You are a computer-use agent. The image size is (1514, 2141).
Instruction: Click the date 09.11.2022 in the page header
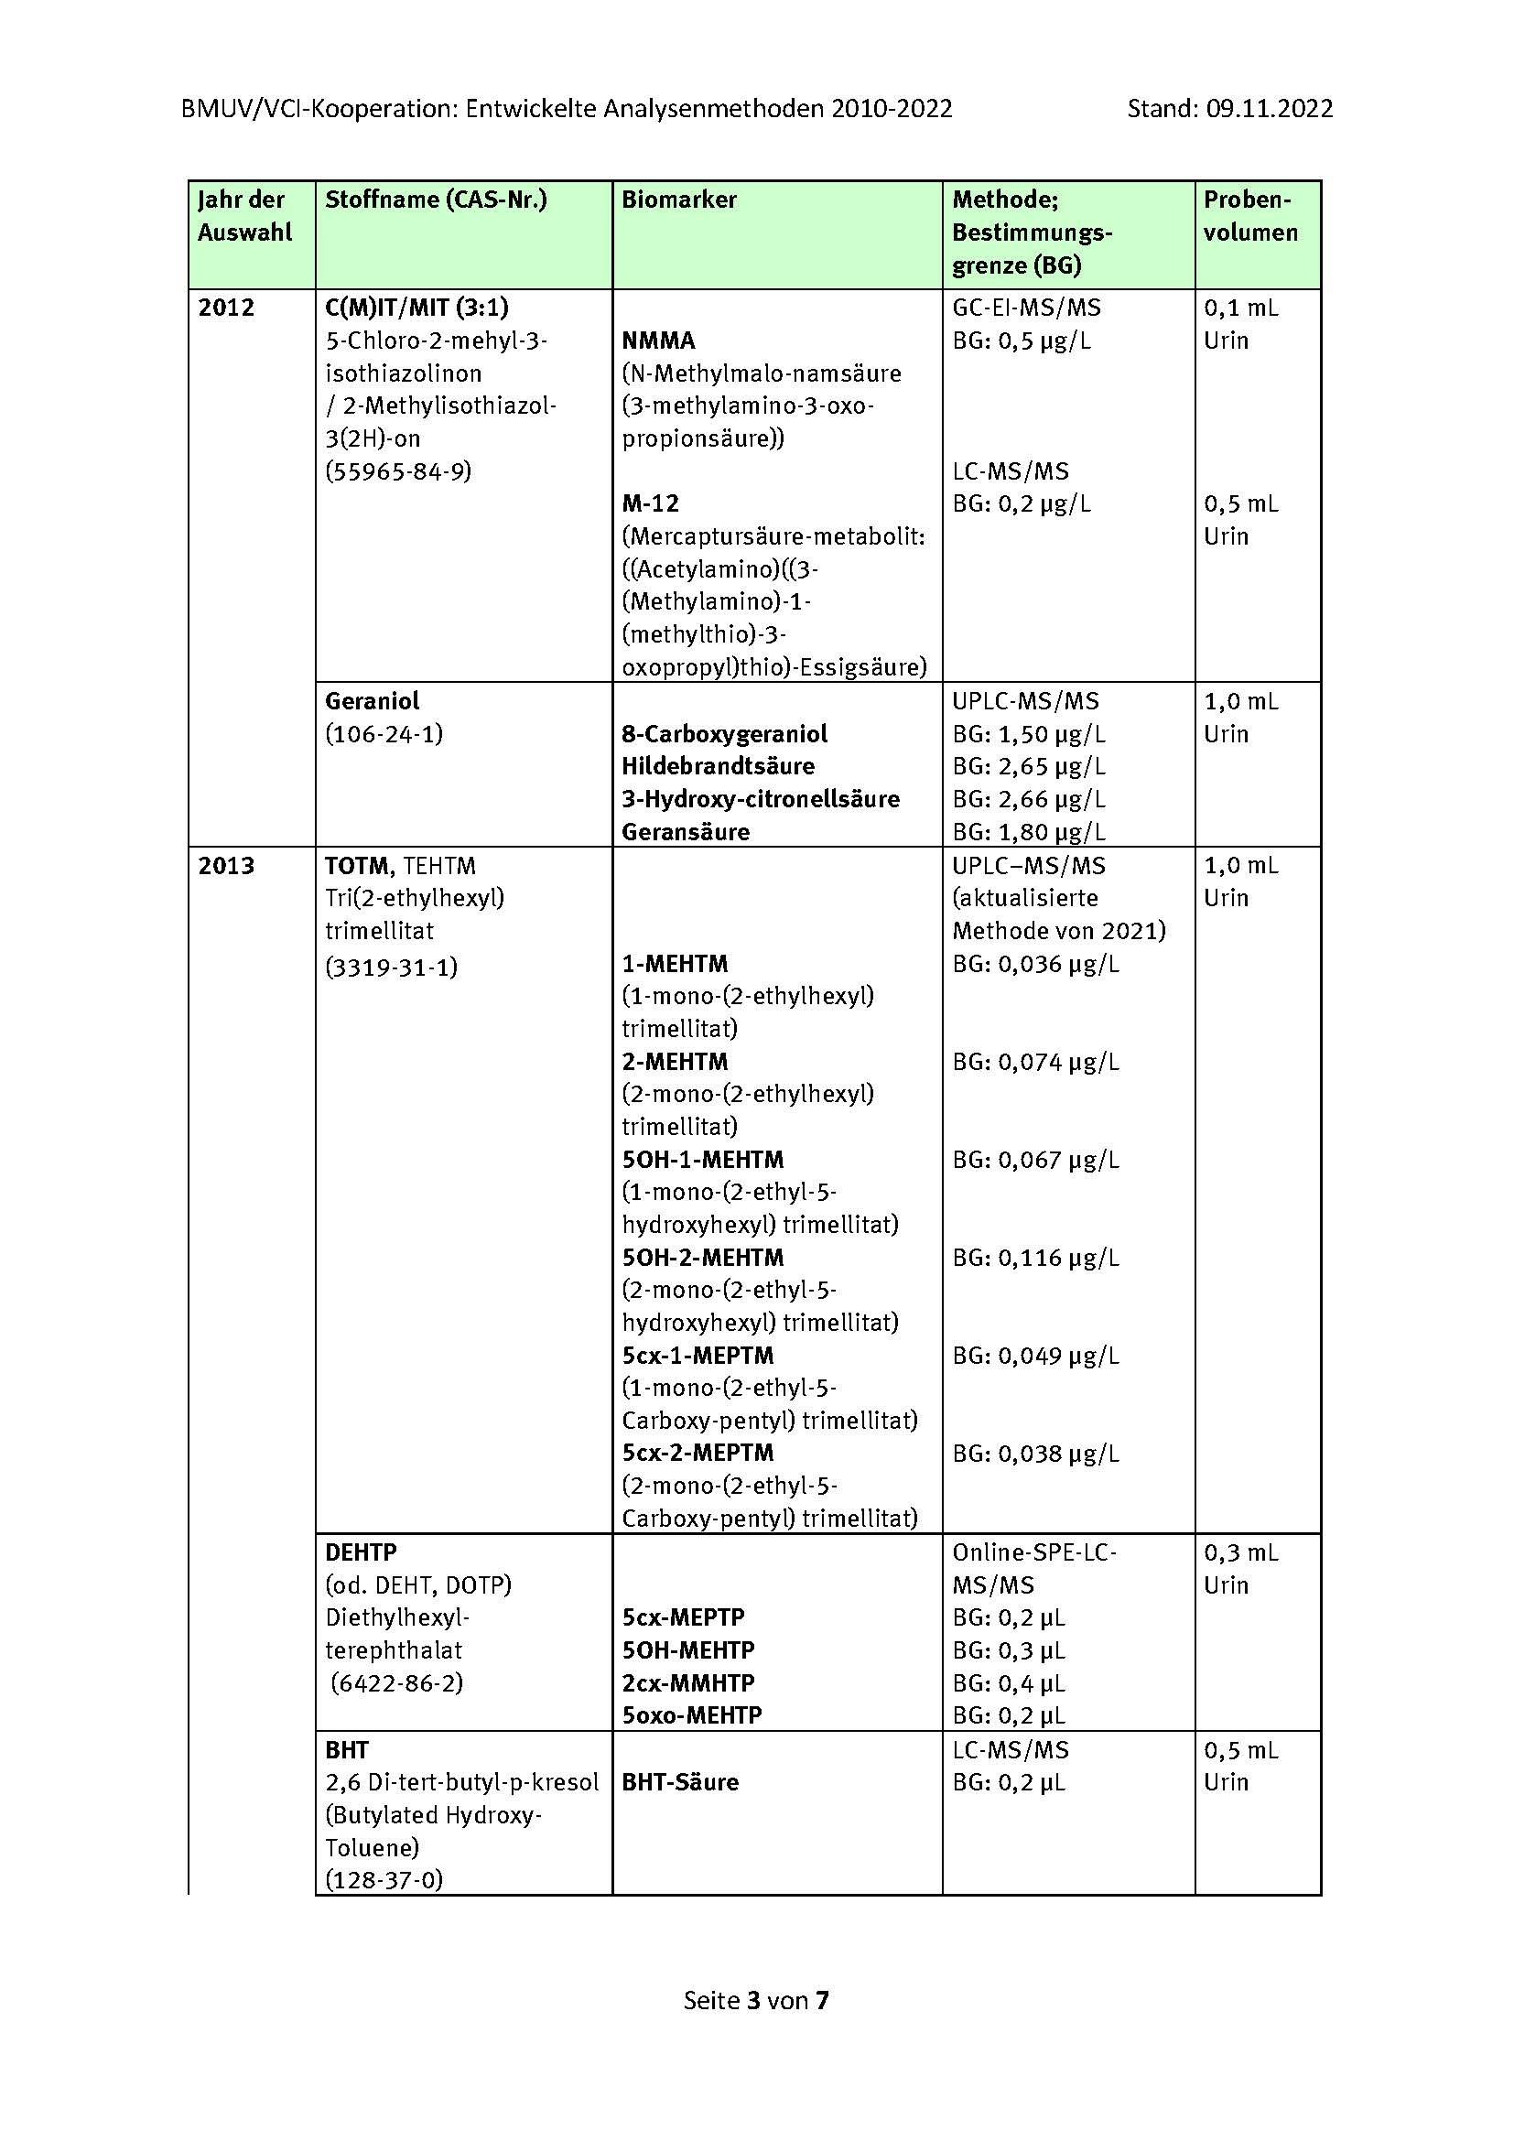(x=1269, y=109)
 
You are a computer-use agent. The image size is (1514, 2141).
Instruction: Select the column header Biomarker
(x=678, y=200)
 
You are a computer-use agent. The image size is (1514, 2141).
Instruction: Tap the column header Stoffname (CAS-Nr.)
(x=436, y=200)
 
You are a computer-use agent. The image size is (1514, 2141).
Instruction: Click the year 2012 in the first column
(x=225, y=308)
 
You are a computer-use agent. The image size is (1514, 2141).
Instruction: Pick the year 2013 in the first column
(x=225, y=865)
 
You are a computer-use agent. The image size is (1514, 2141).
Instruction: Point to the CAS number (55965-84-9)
(x=398, y=470)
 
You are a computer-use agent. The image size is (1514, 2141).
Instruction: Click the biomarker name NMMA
(x=658, y=341)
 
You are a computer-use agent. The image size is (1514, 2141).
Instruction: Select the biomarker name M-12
(x=650, y=503)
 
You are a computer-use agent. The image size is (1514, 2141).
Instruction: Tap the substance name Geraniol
(x=372, y=701)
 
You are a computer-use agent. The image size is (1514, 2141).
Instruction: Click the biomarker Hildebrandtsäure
(x=718, y=766)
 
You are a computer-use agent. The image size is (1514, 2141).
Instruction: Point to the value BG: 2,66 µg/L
(x=1028, y=799)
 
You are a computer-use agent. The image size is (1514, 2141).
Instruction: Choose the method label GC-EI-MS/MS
(x=1025, y=308)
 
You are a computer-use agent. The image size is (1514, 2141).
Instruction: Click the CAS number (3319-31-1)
(x=392, y=967)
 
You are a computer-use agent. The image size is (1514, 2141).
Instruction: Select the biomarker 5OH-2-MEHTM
(x=703, y=1257)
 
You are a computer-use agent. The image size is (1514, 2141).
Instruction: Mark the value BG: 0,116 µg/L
(x=1035, y=1257)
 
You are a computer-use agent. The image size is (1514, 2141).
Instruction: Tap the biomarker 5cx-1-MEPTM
(x=698, y=1355)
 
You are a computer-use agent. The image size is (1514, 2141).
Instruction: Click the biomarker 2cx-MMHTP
(x=688, y=1683)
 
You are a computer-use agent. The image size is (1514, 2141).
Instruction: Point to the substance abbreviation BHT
(x=347, y=1749)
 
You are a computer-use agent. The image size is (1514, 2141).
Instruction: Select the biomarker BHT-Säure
(x=679, y=1782)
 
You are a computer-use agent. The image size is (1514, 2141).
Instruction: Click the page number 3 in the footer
(x=752, y=2000)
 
